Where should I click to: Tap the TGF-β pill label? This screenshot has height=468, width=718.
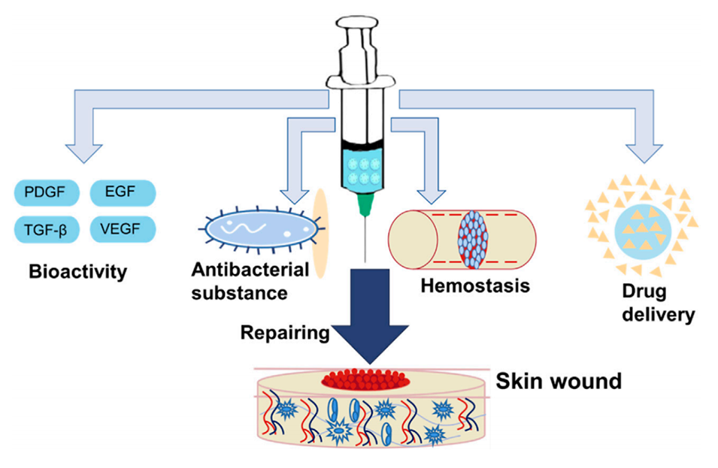point(47,229)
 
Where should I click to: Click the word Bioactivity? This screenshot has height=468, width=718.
point(78,271)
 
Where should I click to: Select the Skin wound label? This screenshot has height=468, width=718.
point(559,382)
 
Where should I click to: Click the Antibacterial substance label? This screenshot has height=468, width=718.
point(239,281)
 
